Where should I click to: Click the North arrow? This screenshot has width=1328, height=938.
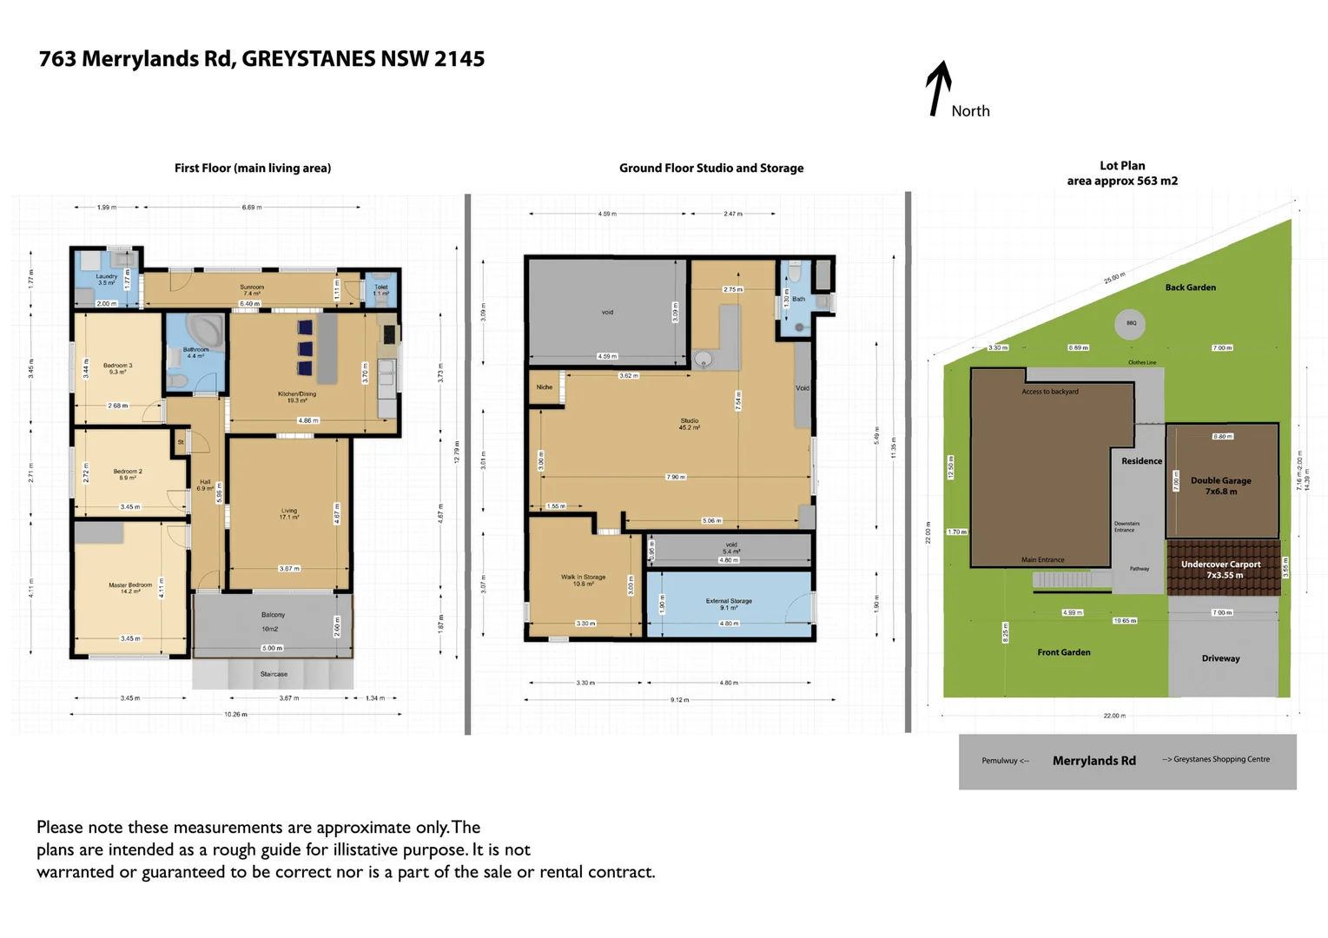click(937, 88)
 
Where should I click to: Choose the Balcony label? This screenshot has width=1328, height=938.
click(273, 615)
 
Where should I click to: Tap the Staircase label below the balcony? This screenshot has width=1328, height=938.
click(274, 674)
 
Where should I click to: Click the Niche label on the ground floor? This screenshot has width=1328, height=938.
click(545, 387)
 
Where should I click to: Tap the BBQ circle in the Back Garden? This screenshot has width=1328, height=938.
click(1130, 323)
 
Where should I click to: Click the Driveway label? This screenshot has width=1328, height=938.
click(1220, 658)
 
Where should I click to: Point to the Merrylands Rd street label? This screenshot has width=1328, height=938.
click(1093, 761)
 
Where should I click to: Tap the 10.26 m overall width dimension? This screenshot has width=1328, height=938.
click(235, 715)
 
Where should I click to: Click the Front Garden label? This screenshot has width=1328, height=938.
click(1063, 652)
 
